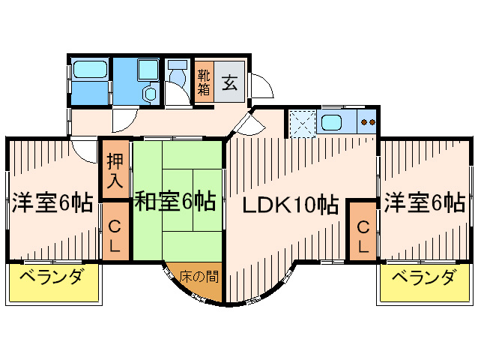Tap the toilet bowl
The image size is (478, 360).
coord(177,77)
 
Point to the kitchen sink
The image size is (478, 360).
coord(331,121)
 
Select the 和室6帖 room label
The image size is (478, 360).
coord(176,201)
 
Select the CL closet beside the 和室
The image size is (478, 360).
coord(116,234)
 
